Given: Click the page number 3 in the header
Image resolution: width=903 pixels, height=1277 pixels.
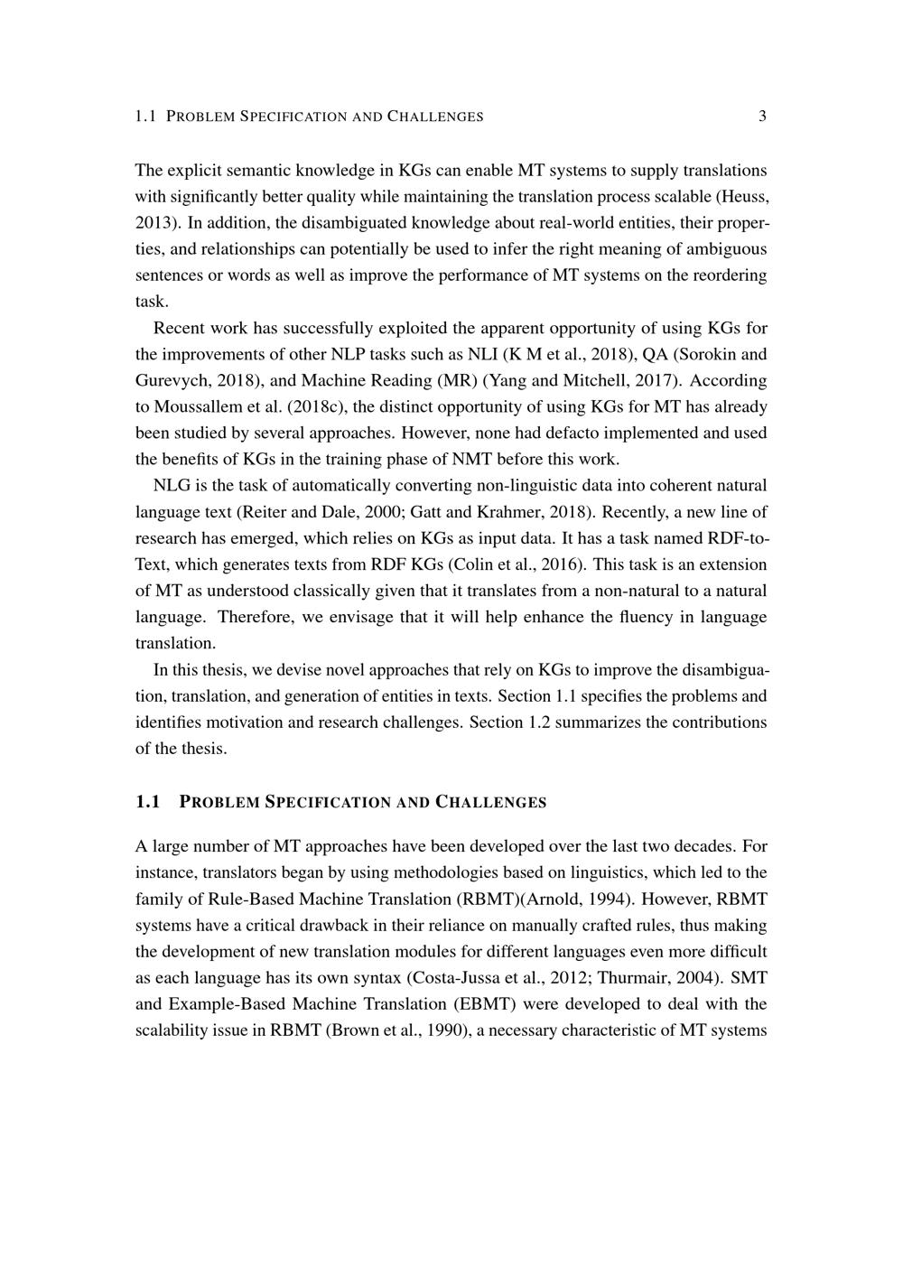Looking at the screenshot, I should tap(763, 116).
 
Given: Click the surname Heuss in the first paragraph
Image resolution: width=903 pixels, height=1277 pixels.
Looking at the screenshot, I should tap(745, 196).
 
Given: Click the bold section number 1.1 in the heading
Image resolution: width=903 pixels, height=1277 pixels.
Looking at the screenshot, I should tap(147, 802).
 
